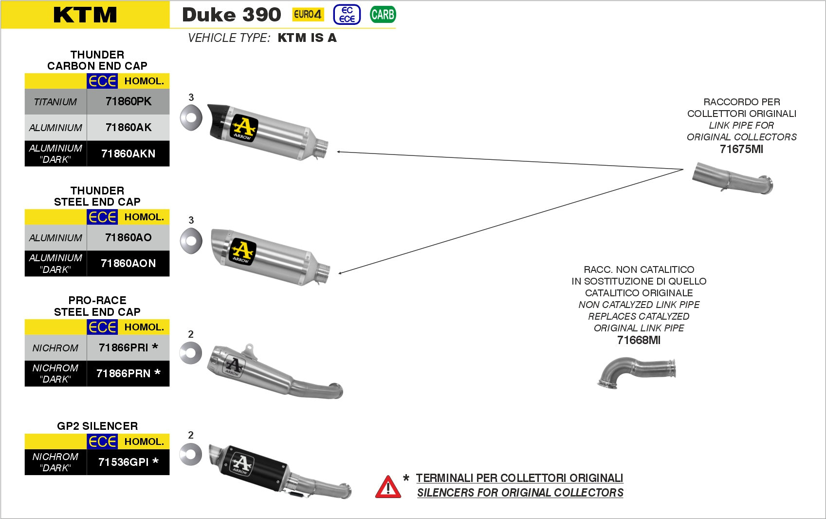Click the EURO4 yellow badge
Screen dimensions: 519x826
click(x=308, y=15)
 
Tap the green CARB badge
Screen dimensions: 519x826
click(x=383, y=15)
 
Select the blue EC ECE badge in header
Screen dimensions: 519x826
click(x=347, y=15)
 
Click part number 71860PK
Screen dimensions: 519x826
click(x=128, y=101)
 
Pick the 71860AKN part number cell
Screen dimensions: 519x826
click(x=128, y=154)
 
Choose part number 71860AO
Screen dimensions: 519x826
click(x=128, y=237)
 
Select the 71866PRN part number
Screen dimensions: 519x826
click(x=128, y=373)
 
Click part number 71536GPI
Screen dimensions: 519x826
click(x=128, y=461)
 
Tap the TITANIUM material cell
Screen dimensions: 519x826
click(x=55, y=102)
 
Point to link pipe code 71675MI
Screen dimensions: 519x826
click(x=741, y=149)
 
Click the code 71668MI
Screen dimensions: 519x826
click(x=639, y=340)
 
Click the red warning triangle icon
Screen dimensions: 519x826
click(x=388, y=487)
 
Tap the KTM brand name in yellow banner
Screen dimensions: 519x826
click(x=85, y=15)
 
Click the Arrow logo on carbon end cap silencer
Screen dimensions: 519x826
click(x=243, y=128)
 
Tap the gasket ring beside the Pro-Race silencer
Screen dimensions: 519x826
click(x=190, y=353)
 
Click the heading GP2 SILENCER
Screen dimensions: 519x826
click(x=97, y=426)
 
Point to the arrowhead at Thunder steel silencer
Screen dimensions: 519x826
click(x=340, y=273)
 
